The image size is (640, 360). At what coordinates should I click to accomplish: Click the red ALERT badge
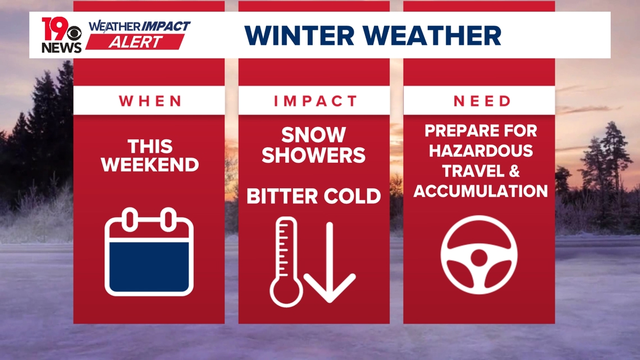coord(135,43)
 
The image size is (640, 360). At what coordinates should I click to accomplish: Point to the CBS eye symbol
coord(75,34)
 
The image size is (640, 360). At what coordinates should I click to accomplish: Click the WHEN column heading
coord(149,101)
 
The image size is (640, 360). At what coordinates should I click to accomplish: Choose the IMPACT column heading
coord(314,101)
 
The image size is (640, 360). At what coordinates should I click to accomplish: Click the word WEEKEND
coord(149,165)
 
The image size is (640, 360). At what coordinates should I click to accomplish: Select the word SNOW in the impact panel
coord(314,135)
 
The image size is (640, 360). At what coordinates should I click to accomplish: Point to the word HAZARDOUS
coord(479,151)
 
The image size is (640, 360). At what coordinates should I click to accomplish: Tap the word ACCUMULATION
coord(479,191)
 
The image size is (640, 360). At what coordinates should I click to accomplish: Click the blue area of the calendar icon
coord(149,267)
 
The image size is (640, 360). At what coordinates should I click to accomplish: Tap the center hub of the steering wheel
coord(479,258)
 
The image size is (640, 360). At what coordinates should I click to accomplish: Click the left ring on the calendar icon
coord(130,218)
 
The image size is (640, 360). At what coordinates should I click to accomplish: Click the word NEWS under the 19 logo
coord(61,48)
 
